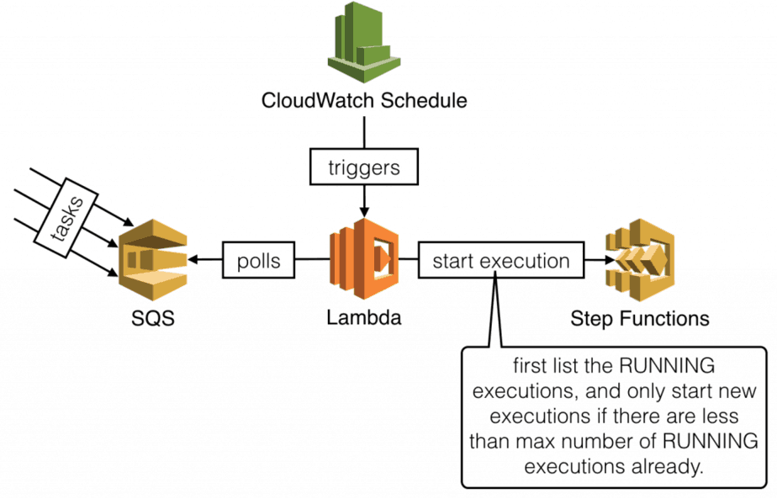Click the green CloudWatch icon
[364, 43]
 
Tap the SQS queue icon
[152, 261]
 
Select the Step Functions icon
[640, 261]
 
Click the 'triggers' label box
[364, 167]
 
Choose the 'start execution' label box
[500, 261]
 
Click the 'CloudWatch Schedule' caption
[364, 102]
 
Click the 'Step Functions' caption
[640, 319]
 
